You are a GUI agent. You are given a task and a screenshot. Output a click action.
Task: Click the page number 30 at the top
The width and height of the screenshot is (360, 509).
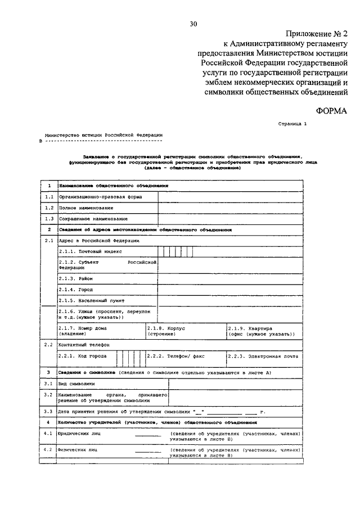[194, 24]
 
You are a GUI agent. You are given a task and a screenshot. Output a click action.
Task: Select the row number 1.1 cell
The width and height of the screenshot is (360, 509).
[48, 197]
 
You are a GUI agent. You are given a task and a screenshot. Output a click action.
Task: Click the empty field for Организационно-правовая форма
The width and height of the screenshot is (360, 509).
[231, 197]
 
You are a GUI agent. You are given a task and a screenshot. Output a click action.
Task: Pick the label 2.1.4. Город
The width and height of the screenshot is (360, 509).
[75, 290]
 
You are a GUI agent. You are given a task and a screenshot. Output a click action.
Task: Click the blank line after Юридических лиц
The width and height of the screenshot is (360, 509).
[147, 435]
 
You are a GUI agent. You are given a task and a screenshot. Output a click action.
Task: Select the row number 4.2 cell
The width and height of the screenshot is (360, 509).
[48, 451]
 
